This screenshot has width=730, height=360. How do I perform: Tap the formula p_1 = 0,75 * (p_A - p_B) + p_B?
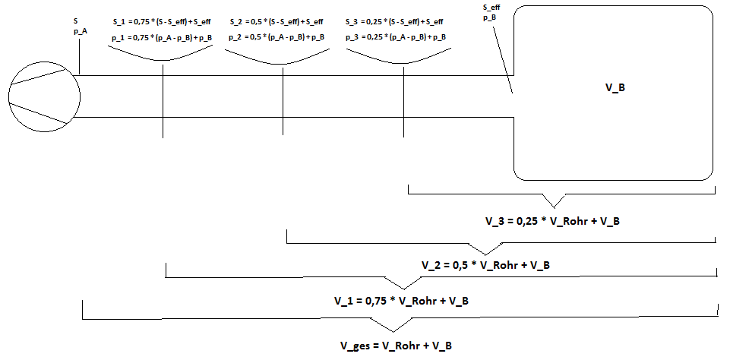coord(162,38)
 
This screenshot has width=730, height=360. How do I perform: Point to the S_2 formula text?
coord(277,21)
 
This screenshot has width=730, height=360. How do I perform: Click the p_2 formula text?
coord(277,36)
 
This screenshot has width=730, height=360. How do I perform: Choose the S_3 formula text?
coord(394,21)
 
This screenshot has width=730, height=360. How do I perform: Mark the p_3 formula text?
coord(395,36)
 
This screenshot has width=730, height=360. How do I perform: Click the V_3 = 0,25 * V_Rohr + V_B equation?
coord(552,221)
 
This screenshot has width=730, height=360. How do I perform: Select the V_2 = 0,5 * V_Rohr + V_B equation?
coord(485,265)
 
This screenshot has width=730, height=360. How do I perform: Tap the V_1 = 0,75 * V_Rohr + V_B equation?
coord(401,301)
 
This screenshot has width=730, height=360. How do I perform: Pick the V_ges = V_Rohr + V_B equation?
coord(396,346)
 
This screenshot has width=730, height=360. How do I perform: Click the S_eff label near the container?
coord(492,7)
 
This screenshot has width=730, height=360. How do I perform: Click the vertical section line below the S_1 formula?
coord(163,101)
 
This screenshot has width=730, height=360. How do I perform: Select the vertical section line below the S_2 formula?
coord(283,101)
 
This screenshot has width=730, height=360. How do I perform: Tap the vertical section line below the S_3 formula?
coord(403,102)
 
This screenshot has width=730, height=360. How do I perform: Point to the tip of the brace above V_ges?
coord(393,332)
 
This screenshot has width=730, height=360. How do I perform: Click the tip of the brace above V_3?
coord(554,207)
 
